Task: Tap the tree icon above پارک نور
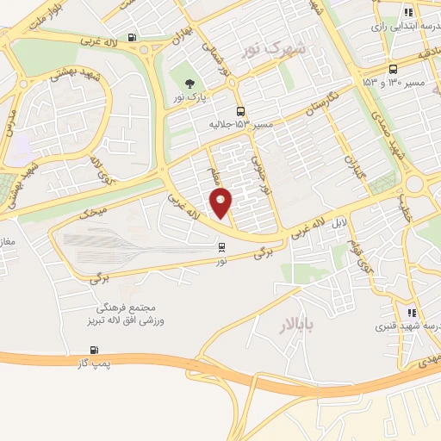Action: (189, 84)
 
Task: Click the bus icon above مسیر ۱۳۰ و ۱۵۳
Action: (393, 70)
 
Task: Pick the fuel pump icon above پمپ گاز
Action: (94, 351)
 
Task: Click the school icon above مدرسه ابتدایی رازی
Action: (408, 12)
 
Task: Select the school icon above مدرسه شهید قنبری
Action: (412, 313)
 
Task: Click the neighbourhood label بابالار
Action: (298, 325)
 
